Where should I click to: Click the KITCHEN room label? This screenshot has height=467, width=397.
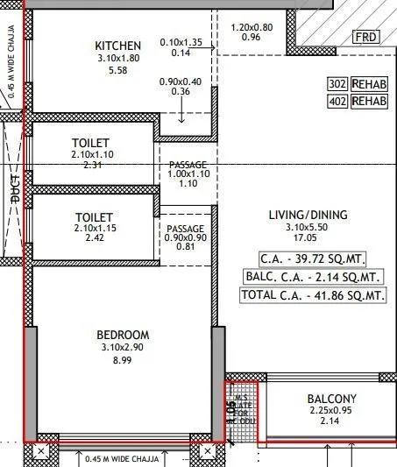click(117, 46)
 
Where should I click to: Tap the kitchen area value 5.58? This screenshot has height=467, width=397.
click(117, 70)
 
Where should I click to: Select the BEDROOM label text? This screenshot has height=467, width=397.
click(123, 335)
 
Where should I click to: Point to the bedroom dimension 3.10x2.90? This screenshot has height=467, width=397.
click(123, 347)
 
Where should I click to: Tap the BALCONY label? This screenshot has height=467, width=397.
click(332, 399)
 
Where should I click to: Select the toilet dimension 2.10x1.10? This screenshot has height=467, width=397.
click(92, 154)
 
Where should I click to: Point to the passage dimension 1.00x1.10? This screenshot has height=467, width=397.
click(188, 173)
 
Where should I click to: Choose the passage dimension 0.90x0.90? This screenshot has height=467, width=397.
click(186, 237)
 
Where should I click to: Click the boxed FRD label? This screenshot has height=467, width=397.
click(365, 37)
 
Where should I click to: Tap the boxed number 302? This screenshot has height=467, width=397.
click(337, 84)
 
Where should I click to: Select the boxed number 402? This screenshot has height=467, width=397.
click(337, 102)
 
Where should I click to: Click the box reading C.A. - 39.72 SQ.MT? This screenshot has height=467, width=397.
click(312, 258)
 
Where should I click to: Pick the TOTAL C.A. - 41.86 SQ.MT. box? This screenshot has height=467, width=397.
click(312, 295)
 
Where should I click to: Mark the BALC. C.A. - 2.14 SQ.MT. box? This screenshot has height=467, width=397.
click(312, 277)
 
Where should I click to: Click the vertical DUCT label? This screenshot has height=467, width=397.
click(15, 188)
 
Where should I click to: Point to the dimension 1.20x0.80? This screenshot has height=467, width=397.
click(251, 27)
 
